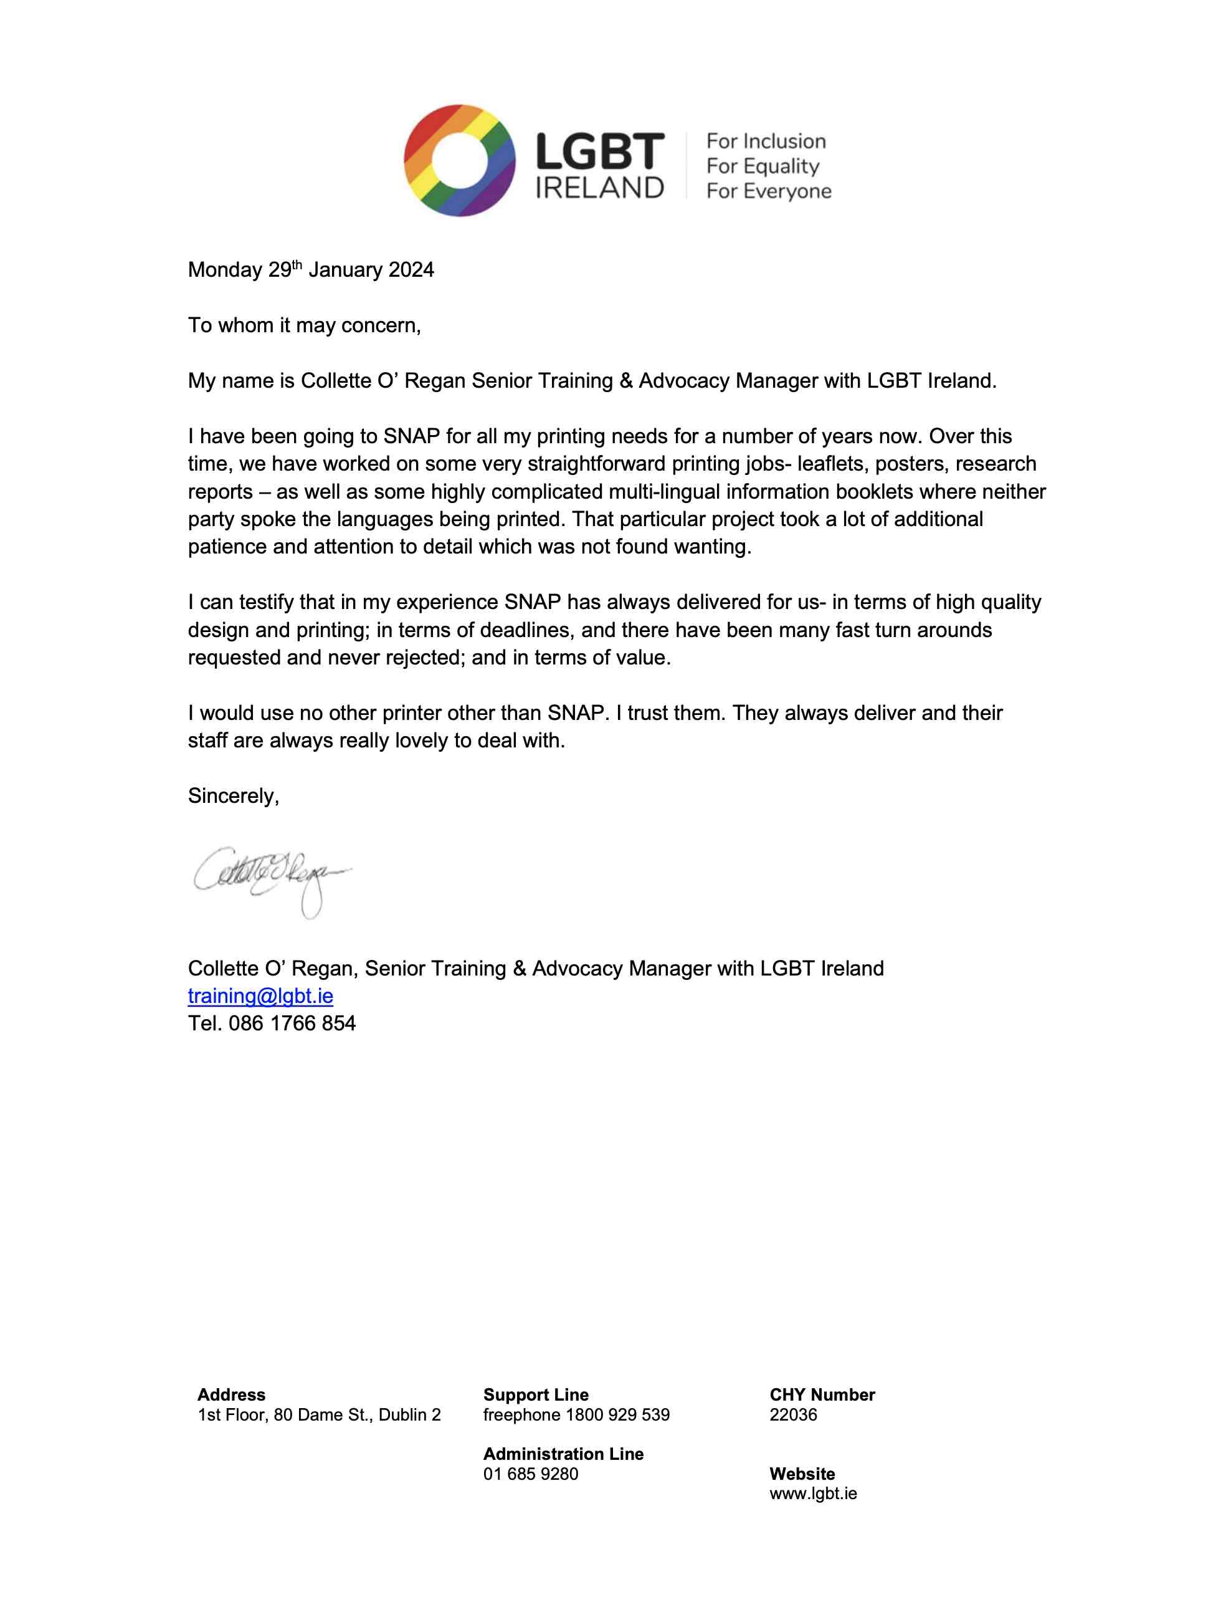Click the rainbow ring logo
tap(459, 160)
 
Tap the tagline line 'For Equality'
tap(763, 166)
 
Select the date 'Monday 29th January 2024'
tap(311, 270)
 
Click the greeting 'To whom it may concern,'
tap(304, 325)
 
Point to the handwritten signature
tap(270, 878)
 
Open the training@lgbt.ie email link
tap(260, 996)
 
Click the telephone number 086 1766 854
tap(292, 1024)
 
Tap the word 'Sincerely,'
tap(233, 795)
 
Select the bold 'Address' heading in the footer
tap(231, 1394)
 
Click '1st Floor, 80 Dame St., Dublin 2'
tap(319, 1414)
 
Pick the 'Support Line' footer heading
tap(536, 1394)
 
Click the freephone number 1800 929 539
tap(618, 1414)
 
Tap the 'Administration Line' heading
tap(563, 1454)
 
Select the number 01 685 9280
tap(530, 1474)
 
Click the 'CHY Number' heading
tap(822, 1394)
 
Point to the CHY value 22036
tap(793, 1414)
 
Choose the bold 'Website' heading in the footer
tap(802, 1474)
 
